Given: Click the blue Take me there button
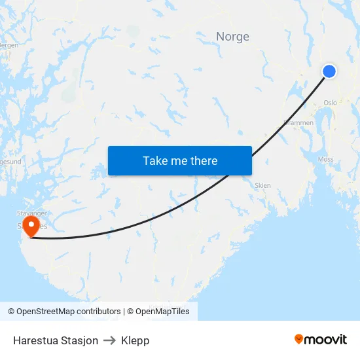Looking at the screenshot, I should coord(180,161).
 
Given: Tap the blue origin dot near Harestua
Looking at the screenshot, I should coord(329,71).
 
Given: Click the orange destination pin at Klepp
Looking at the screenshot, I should coord(31,226).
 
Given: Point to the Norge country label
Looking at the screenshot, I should coord(232,37).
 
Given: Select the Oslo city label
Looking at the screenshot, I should coord(330,103).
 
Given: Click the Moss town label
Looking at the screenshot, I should coord(325,159).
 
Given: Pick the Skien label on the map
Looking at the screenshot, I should coord(262,185).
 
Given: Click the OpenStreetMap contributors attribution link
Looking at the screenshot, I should coord(64,312).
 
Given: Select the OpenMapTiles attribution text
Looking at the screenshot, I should coord(158,312).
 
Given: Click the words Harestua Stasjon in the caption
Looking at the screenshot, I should coord(56,340).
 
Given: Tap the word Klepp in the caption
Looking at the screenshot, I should coord(135,340).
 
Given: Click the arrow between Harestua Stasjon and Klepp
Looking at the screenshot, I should coord(109,340).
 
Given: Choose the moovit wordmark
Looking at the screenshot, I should coord(325,339).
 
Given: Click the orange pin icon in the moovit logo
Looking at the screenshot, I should coord(299,339).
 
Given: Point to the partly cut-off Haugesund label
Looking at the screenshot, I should coord(8,160).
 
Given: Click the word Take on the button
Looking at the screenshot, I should coord(155,161).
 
